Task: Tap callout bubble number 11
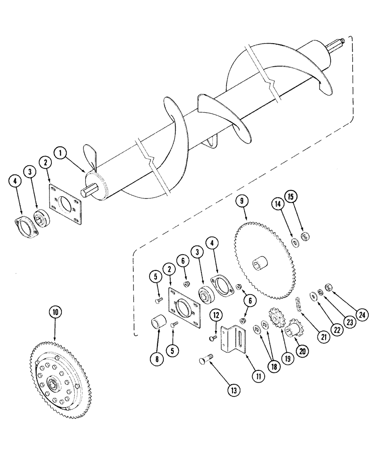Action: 260,376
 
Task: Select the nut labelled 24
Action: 328,288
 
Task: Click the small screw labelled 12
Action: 212,338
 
